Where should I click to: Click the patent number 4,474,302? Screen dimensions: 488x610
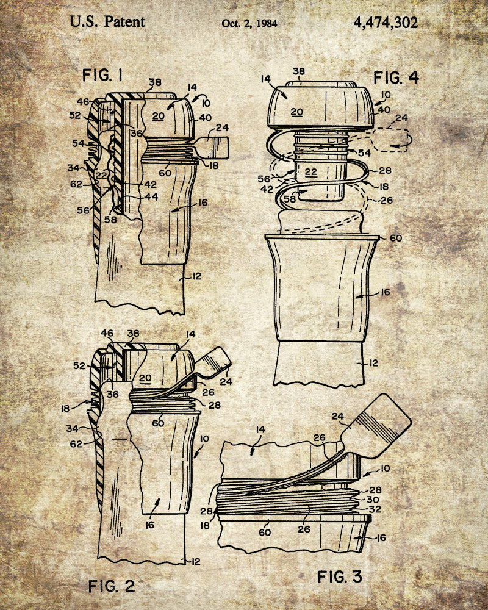coord(386,23)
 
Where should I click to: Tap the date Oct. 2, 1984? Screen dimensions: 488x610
coord(249,23)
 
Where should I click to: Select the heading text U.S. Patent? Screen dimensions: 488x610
coord(107,22)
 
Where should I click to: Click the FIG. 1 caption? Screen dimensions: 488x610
coord(102,75)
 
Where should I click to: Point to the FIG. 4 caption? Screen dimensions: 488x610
coord(396,78)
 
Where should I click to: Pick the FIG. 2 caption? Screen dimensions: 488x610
coord(112,586)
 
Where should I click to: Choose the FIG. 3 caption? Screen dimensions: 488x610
coord(340,576)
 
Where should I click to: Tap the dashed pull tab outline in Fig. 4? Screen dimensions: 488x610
coord(390,140)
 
